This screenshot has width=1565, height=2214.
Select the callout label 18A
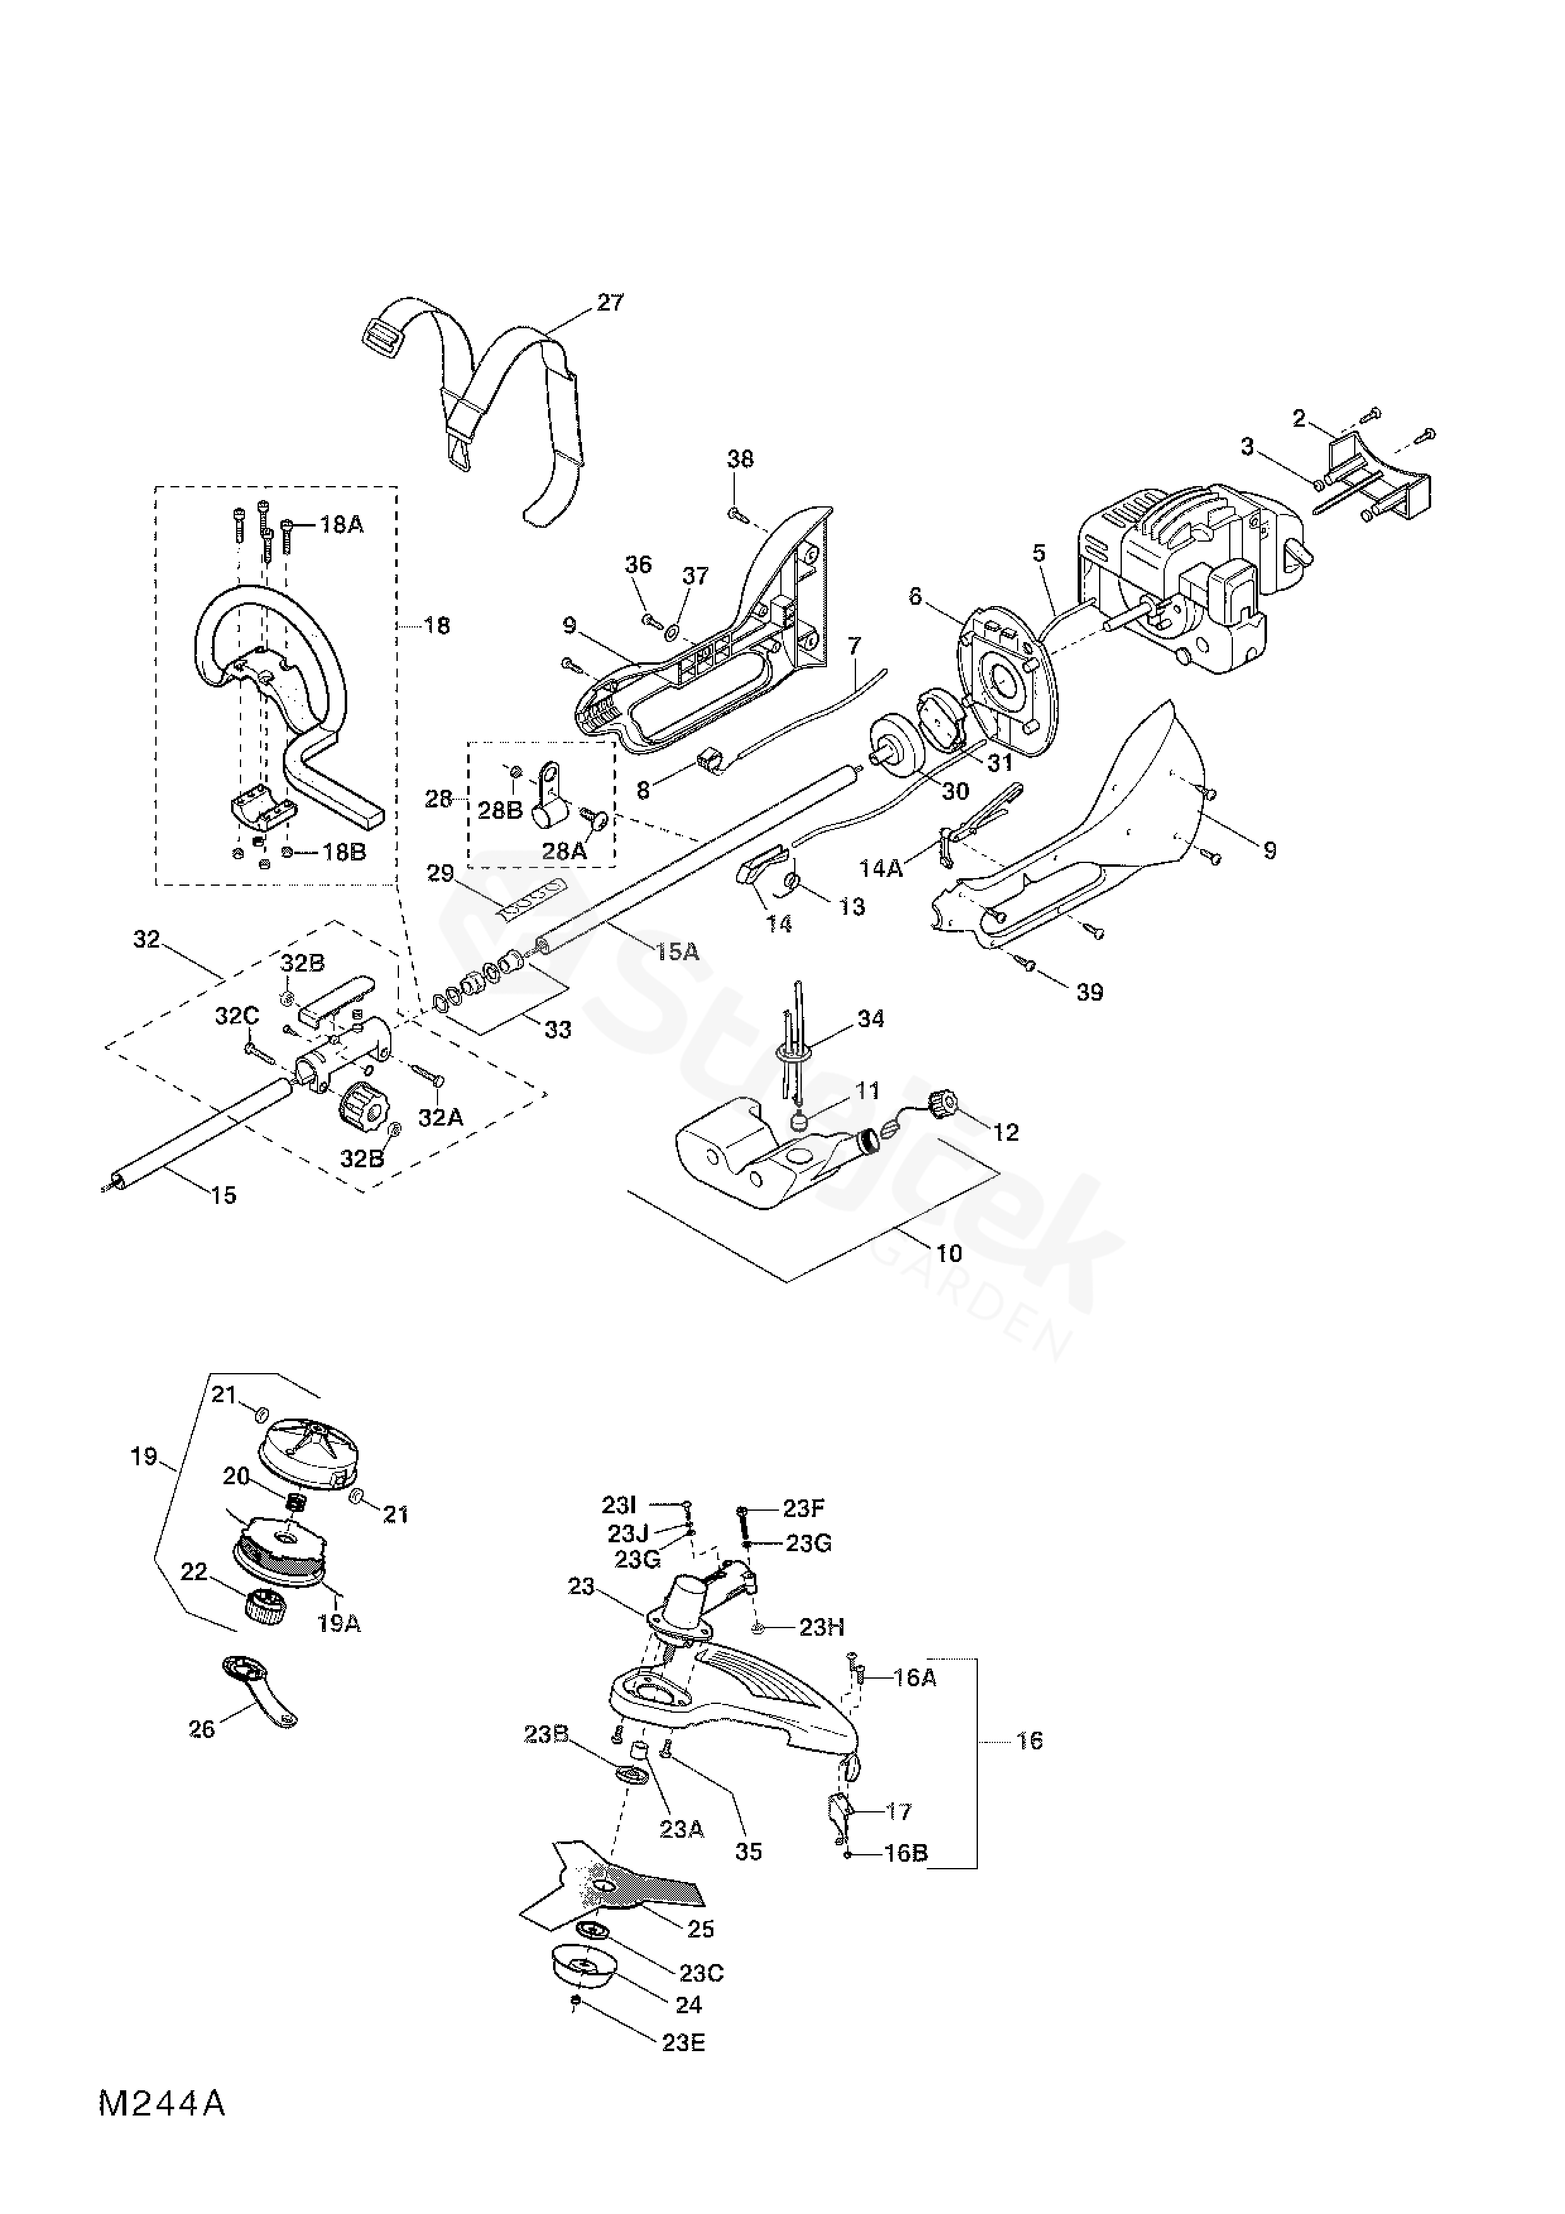(x=342, y=525)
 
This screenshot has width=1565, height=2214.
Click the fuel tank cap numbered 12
(x=942, y=1100)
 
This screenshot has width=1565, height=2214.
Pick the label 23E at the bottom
(x=684, y=2044)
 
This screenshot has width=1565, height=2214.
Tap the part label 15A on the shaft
(x=677, y=952)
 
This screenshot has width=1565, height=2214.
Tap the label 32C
(x=237, y=1016)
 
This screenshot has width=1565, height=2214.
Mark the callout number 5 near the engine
(x=1038, y=554)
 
